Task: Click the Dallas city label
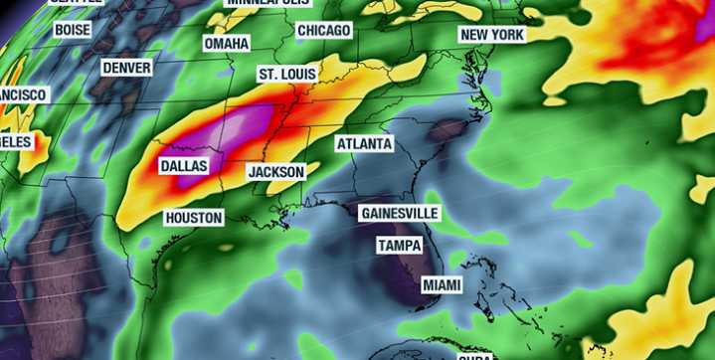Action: point(185,166)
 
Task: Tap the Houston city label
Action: point(194,217)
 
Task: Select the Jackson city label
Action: point(275,172)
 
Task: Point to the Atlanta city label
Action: point(364,144)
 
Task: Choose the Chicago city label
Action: point(323,31)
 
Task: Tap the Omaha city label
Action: point(226,45)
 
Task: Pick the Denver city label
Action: point(126,68)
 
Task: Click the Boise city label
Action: point(73,30)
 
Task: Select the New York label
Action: point(491,35)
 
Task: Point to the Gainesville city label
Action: point(399,214)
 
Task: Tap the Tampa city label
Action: point(400,246)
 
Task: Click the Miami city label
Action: point(442,285)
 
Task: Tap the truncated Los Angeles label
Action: point(17,141)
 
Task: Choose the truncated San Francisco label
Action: point(22,95)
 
